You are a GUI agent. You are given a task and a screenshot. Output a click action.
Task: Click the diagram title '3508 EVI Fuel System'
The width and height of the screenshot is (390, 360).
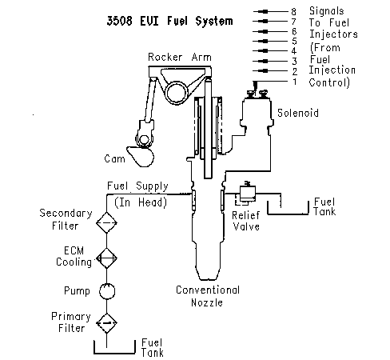pyautogui.click(x=169, y=21)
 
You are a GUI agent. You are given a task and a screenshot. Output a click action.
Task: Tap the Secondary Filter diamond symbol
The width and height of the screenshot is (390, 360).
pyautogui.click(x=106, y=222)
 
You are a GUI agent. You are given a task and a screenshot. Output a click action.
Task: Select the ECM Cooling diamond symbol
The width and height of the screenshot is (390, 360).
pyautogui.click(x=106, y=258)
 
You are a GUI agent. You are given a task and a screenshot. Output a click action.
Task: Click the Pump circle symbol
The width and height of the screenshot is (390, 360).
pyautogui.click(x=107, y=291)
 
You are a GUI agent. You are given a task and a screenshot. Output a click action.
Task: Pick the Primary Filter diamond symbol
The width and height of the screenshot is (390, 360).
pyautogui.click(x=106, y=323)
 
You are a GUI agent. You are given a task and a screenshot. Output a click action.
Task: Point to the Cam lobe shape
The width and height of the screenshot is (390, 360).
pyautogui.click(x=141, y=157)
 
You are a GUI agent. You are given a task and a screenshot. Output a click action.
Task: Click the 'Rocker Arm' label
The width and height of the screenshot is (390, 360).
pyautogui.click(x=180, y=57)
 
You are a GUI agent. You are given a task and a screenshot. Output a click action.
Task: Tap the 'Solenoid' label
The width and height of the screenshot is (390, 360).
pyautogui.click(x=298, y=113)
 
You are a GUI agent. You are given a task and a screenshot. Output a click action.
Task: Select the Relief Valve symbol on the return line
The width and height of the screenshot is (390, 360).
pyautogui.click(x=247, y=194)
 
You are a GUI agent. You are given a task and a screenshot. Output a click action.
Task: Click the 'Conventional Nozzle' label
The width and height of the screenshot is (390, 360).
pyautogui.click(x=208, y=296)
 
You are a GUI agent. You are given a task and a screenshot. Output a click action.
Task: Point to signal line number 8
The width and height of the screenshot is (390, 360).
pyautogui.click(x=271, y=11)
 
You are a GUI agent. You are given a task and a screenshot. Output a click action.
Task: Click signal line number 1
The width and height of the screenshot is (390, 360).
pyautogui.click(x=271, y=82)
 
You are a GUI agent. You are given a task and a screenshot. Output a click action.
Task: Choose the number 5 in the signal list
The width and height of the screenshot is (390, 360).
pyautogui.click(x=294, y=41)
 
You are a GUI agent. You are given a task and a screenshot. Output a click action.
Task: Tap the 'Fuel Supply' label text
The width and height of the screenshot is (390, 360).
pyautogui.click(x=137, y=186)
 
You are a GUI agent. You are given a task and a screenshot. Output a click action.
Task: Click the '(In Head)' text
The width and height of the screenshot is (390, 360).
pyautogui.click(x=141, y=202)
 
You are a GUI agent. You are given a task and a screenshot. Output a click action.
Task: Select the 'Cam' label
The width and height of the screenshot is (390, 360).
pyautogui.click(x=114, y=158)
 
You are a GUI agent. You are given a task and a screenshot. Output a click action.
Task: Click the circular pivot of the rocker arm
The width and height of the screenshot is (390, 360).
pyautogui.click(x=177, y=92)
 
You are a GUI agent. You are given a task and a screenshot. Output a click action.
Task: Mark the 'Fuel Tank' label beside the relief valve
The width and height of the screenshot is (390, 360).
pyautogui.click(x=324, y=206)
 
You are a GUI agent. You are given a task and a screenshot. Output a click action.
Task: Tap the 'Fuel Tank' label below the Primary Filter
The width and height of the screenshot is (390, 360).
pyautogui.click(x=152, y=348)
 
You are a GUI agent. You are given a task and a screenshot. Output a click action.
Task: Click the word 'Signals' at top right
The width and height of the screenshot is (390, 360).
pyautogui.click(x=327, y=11)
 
